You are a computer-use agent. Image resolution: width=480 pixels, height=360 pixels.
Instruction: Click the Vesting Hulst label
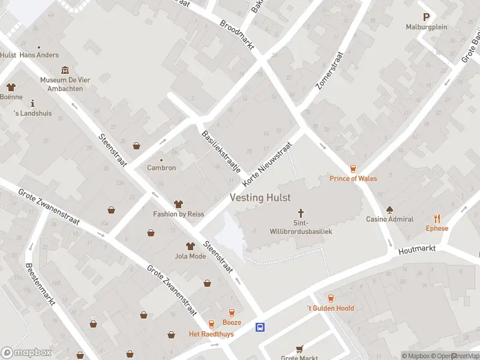[x=260, y=197]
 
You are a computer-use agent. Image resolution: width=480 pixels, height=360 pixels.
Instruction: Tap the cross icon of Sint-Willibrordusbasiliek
[x=301, y=213]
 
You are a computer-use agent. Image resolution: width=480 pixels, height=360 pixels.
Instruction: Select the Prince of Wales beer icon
[x=353, y=169]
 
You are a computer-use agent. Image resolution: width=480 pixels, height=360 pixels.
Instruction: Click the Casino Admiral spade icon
[x=389, y=209]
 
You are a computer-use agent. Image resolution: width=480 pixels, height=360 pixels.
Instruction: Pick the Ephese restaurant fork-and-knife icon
[x=437, y=218]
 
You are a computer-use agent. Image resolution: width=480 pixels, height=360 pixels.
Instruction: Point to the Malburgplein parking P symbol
[x=427, y=18]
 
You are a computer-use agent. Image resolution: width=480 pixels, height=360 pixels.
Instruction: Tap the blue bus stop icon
[x=260, y=327]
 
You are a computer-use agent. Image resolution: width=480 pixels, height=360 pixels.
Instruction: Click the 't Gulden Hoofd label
[x=331, y=308]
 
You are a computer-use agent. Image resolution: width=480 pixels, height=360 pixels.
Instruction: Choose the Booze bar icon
[x=232, y=313]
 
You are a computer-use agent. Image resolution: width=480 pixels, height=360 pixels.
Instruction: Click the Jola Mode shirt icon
[x=190, y=247]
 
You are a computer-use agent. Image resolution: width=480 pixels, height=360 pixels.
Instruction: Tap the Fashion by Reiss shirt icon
[x=178, y=205]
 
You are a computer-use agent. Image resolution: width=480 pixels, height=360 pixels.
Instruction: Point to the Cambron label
[x=161, y=168]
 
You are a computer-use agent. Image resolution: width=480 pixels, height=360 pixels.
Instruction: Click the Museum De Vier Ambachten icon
[x=65, y=71]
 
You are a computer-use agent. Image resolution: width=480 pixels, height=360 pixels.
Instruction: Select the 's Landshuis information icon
[x=32, y=103]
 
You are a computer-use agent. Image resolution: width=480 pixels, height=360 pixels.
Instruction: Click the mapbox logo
[x=26, y=353]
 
